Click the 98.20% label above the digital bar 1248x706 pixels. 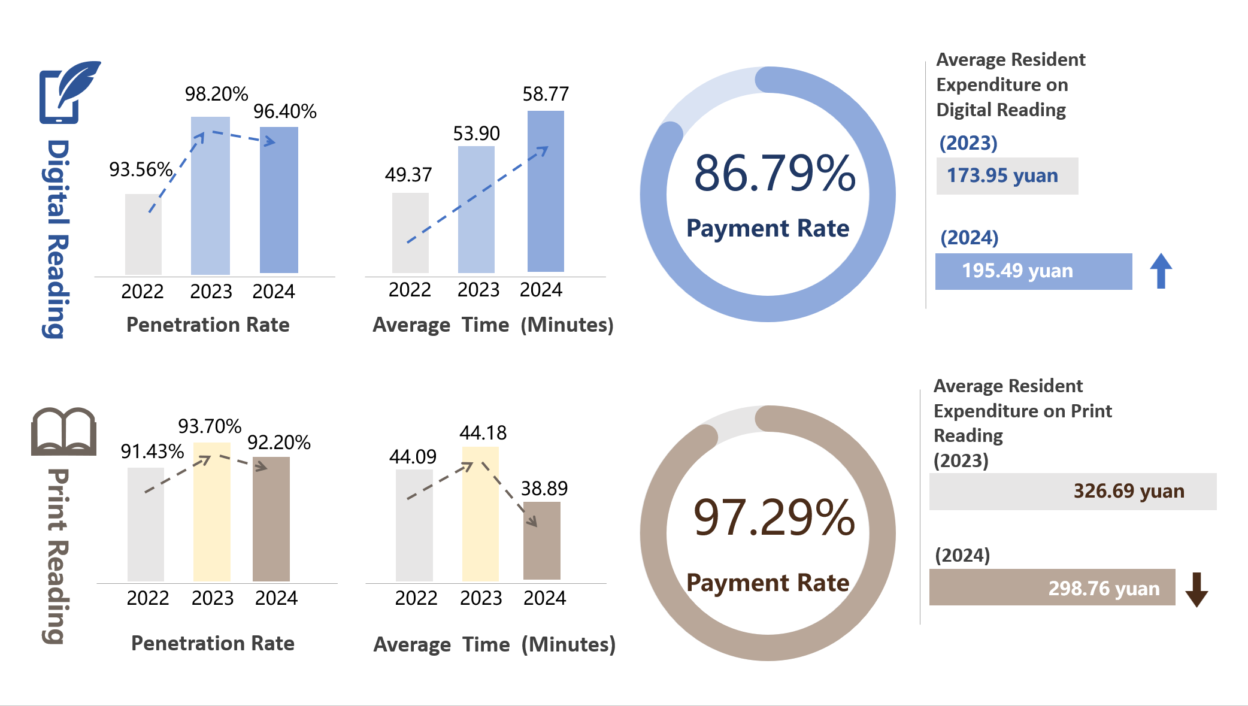(x=216, y=94)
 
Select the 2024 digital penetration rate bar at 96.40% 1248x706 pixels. (x=279, y=200)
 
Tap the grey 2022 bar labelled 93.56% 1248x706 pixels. (x=143, y=234)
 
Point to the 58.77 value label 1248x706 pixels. (x=546, y=94)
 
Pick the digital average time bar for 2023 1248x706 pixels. (x=476, y=210)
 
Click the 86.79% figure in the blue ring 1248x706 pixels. (x=775, y=174)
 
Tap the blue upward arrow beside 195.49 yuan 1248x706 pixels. (x=1161, y=271)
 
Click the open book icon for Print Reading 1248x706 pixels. (x=63, y=432)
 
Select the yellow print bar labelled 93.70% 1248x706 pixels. (x=212, y=512)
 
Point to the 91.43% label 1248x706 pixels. (x=152, y=452)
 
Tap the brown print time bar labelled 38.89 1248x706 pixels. (x=542, y=541)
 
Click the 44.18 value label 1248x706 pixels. (x=483, y=433)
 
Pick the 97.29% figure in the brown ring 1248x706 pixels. (x=774, y=517)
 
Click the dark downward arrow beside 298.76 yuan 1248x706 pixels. (x=1196, y=590)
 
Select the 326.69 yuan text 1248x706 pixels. (x=1129, y=492)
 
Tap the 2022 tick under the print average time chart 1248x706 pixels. (x=416, y=598)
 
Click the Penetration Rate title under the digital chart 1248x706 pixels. (x=208, y=325)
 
